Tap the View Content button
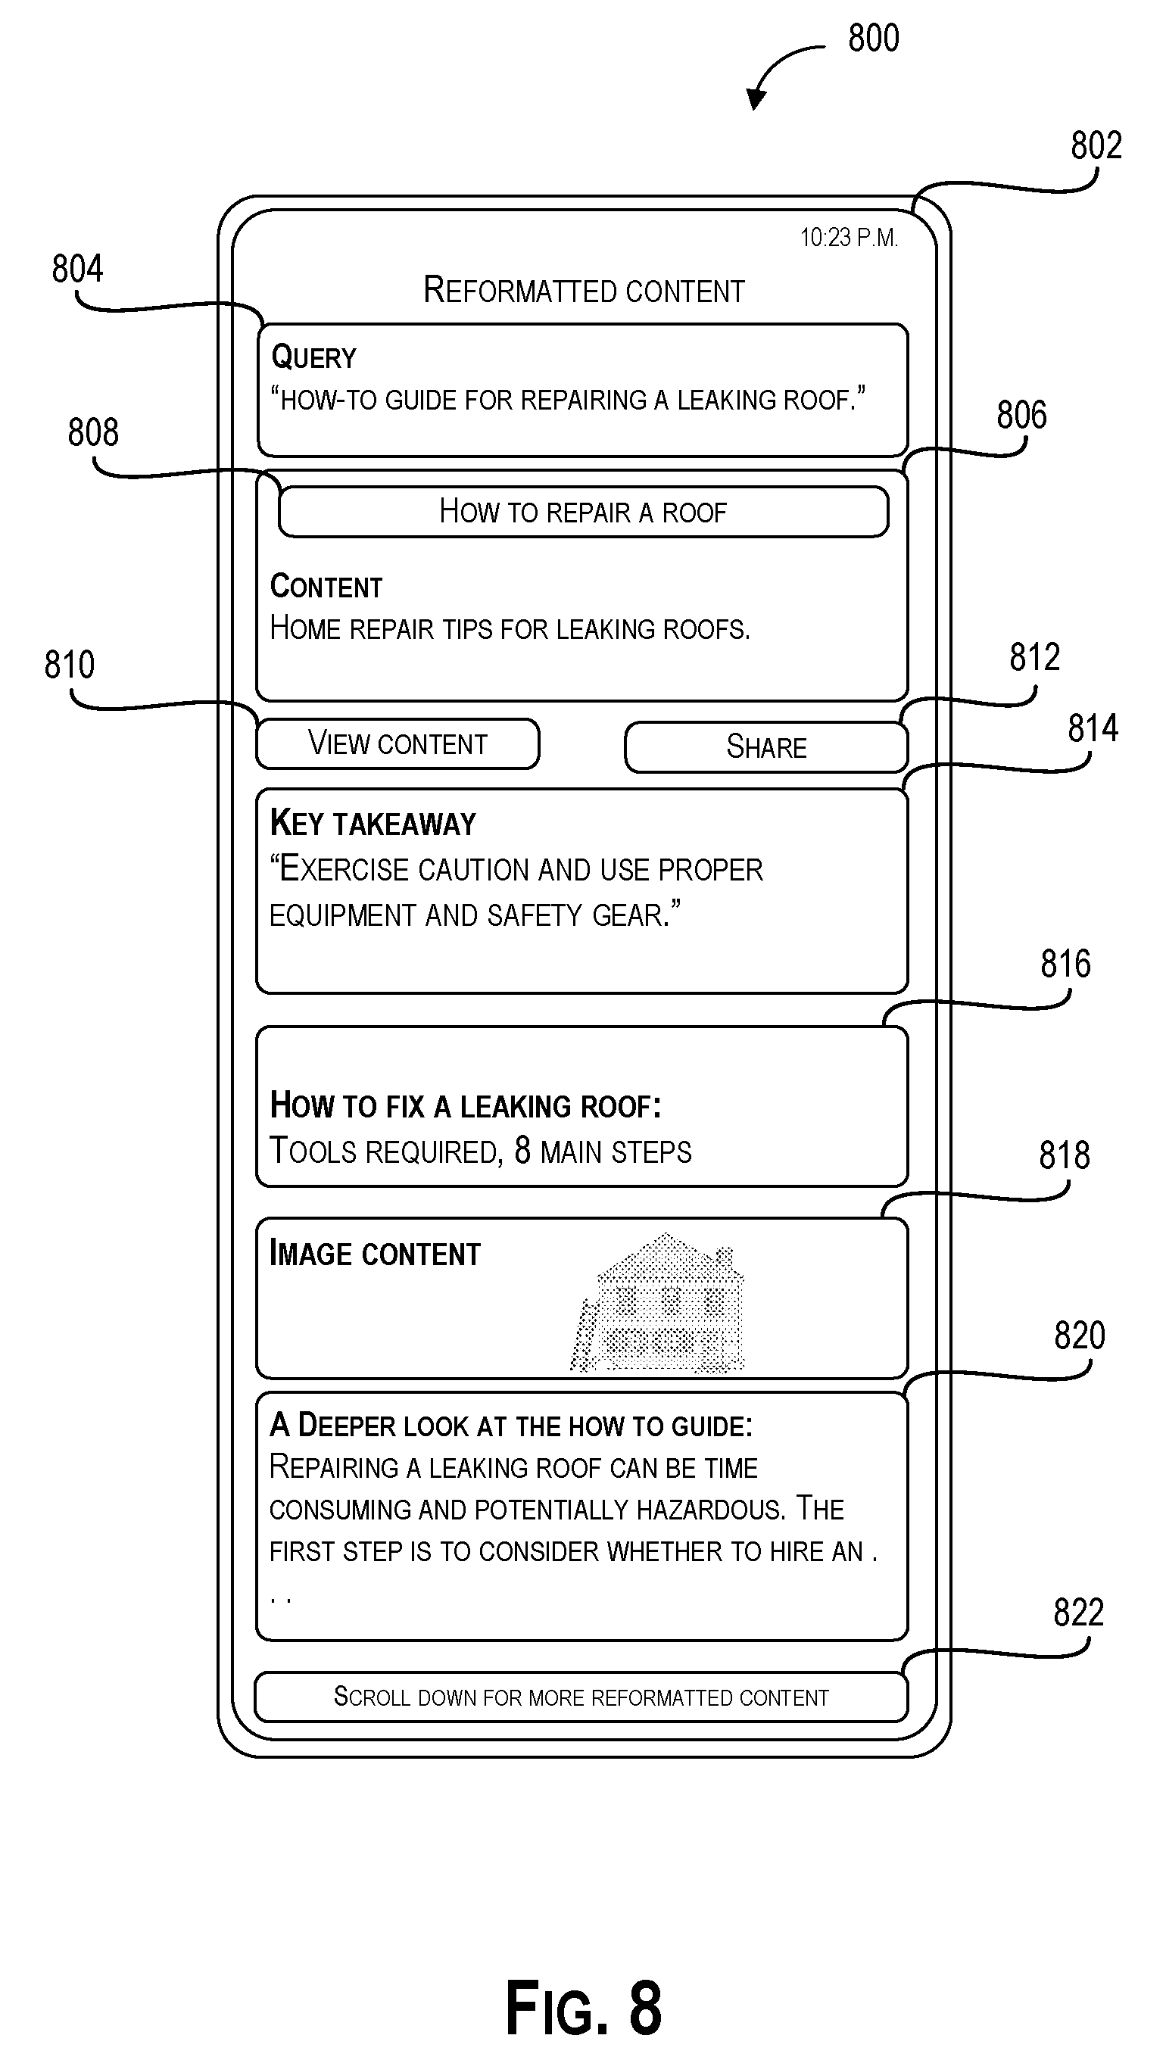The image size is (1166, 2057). tap(397, 744)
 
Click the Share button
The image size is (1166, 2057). tap(765, 747)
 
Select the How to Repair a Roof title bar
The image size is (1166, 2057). tap(583, 512)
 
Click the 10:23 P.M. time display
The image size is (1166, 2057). tap(849, 238)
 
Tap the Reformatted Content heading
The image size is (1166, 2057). tap(584, 290)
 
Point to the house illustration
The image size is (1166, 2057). tap(657, 1303)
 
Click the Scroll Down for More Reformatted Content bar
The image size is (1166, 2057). tap(581, 1697)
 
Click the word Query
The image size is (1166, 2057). tap(313, 357)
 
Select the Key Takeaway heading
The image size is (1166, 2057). tap(373, 824)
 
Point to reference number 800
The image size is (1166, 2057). tap(874, 39)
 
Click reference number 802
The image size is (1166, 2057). tap(1096, 145)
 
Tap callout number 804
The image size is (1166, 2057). tap(78, 269)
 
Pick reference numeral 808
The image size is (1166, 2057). tap(93, 432)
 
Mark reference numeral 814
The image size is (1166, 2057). tap(1093, 728)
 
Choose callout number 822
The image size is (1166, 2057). tap(1079, 1613)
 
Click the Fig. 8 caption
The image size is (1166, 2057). tap(584, 2007)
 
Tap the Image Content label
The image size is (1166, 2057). tap(375, 1254)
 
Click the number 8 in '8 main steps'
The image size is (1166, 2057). tap(522, 1151)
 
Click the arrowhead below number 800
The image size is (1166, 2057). tap(755, 98)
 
